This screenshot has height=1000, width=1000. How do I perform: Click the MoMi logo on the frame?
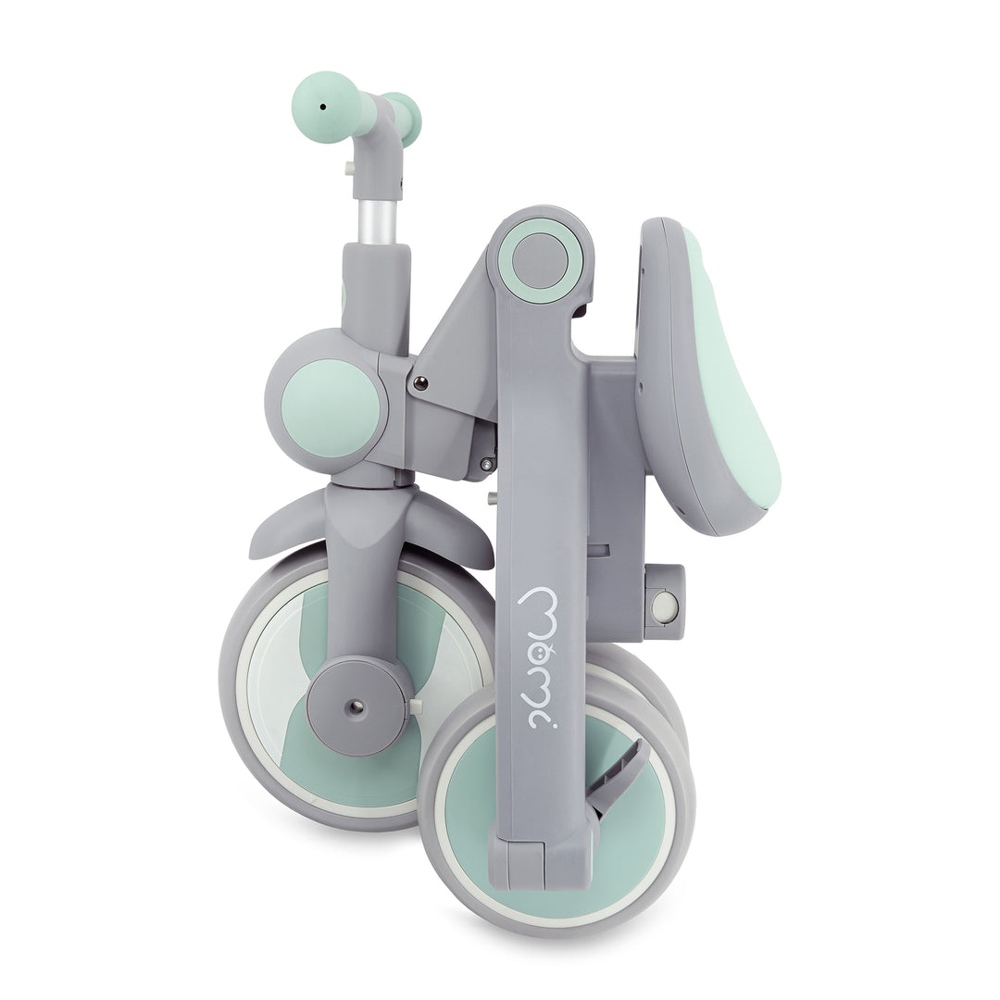point(542,657)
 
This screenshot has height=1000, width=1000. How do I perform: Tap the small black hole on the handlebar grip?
point(323,107)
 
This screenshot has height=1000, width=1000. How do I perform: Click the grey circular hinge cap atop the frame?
point(540,259)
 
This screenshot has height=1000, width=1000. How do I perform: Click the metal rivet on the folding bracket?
point(420,383)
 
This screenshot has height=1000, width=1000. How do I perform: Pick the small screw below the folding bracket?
point(487,464)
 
